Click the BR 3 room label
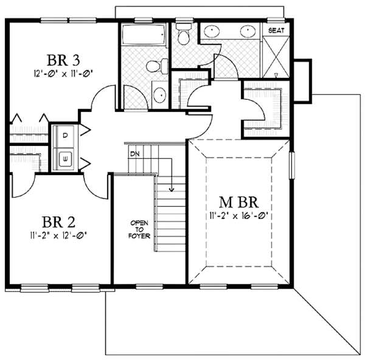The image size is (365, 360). (x=64, y=60)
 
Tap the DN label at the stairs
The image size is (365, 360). (x=134, y=154)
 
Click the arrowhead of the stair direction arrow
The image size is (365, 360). (x=172, y=190)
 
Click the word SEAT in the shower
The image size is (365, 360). (x=277, y=30)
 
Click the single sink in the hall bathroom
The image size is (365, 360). (x=159, y=94)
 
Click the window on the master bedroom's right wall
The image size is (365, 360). (x=291, y=167)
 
